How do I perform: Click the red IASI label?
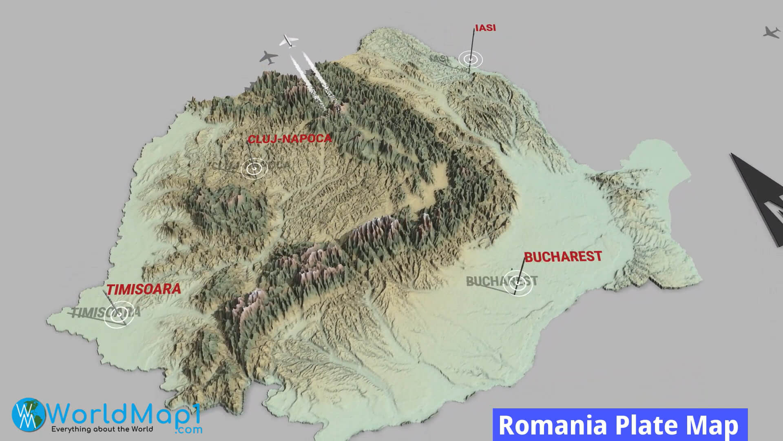pos(485,29)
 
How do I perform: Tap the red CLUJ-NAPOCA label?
pos(290,139)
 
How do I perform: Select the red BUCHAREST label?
pos(563,256)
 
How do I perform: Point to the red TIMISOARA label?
pos(144,289)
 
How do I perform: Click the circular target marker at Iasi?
pos(470,59)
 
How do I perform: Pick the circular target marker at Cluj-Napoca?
pos(254,168)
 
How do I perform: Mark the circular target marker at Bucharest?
pos(518,282)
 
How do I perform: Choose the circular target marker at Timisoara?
pos(119,314)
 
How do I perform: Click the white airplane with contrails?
pos(289,40)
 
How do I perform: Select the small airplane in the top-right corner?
pos(771,32)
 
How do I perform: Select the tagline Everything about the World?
pos(102,429)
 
